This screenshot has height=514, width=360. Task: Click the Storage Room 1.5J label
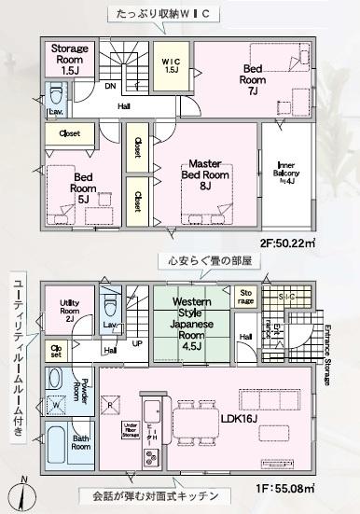[x=69, y=58]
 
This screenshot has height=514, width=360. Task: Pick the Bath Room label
[x=82, y=442]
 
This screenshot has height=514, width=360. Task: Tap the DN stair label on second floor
[x=111, y=88]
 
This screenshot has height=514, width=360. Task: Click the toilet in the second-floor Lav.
[x=55, y=97]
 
